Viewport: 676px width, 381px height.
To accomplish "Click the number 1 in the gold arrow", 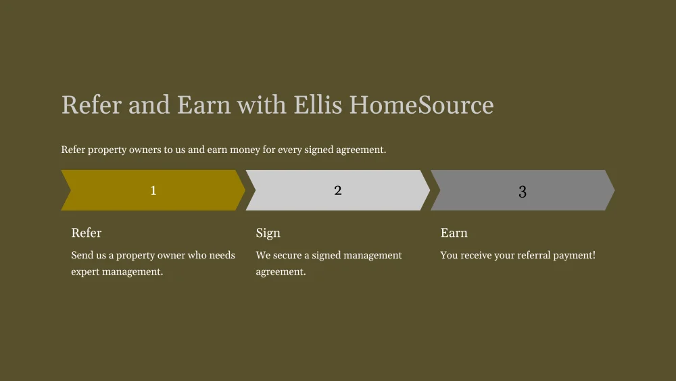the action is (153, 190).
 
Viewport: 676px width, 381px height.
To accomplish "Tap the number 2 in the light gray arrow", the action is (338, 190).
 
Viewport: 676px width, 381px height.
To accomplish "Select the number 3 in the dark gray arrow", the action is (523, 192).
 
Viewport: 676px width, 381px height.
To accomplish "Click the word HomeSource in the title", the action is (421, 105).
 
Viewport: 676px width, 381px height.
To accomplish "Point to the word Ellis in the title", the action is (318, 105).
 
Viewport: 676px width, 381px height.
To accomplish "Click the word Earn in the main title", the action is (204, 105).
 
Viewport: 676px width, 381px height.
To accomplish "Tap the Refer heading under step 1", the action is (87, 233).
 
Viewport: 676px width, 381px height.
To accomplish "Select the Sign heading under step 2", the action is (268, 233).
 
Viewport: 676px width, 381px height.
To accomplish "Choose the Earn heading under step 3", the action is (454, 233).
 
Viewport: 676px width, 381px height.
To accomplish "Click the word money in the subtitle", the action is (245, 150).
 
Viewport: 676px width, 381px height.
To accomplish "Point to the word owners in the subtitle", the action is (145, 150).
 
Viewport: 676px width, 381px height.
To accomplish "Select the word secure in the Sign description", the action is (287, 255).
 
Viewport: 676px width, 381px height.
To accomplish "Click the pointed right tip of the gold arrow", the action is (245, 190).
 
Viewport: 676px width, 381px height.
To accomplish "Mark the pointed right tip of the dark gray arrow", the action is (614, 190).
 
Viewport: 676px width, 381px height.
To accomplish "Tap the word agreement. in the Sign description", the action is (281, 272).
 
